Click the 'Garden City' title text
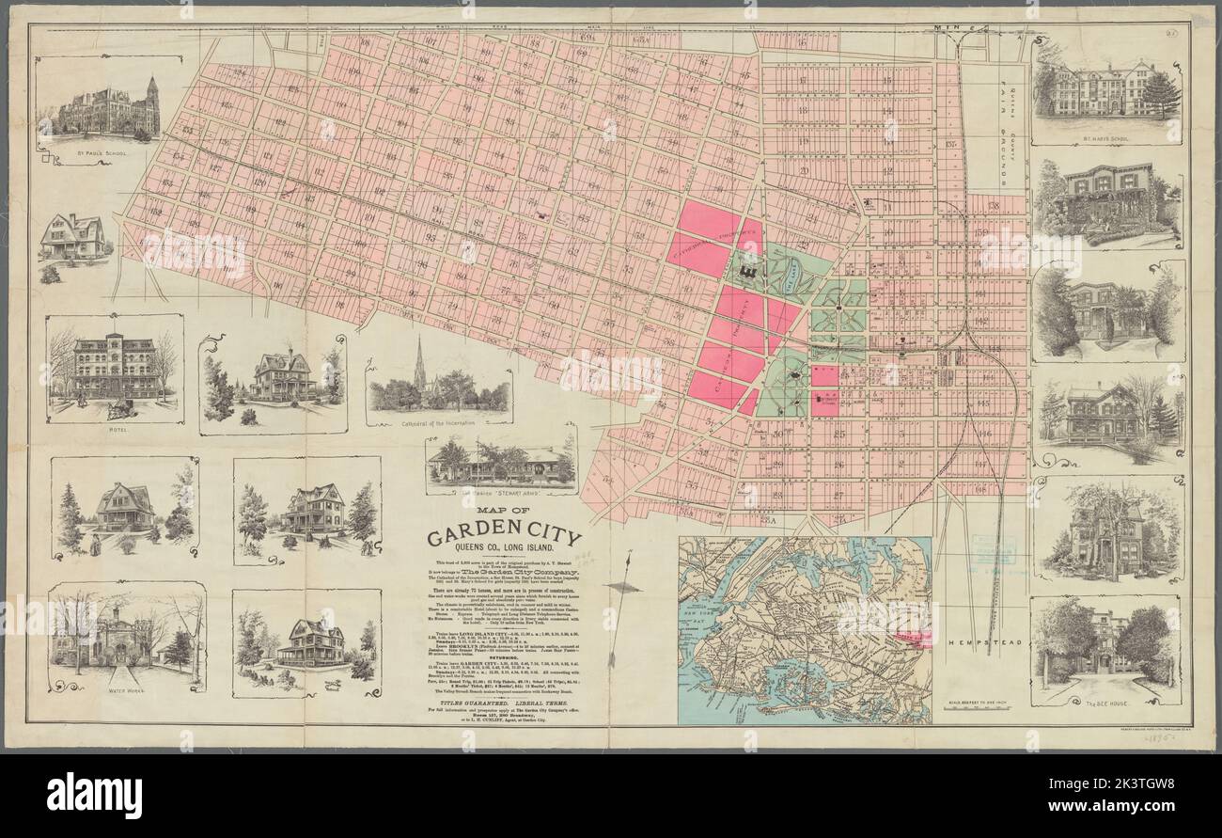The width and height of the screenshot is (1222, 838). (x=504, y=539)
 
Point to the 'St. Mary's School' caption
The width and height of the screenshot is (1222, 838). (x=1106, y=138)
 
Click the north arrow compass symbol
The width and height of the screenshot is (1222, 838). (x=622, y=585)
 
